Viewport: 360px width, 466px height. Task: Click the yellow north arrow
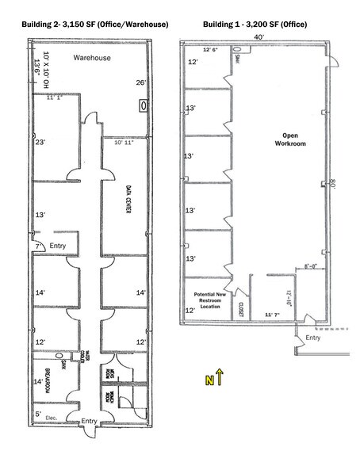220,378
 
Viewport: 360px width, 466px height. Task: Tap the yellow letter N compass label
209,381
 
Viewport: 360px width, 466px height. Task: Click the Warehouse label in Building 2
92,59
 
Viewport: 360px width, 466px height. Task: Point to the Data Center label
128,198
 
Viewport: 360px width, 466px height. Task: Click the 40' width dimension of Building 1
259,36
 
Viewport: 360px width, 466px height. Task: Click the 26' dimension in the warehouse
141,82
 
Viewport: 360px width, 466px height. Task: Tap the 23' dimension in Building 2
39,143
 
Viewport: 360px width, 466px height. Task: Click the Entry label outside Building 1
312,338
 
